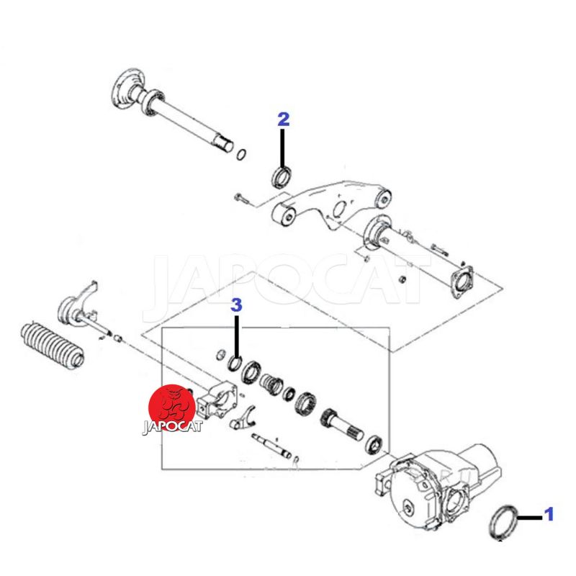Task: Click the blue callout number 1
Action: click(x=549, y=514)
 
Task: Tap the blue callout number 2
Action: click(x=284, y=120)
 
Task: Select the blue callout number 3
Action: click(x=237, y=305)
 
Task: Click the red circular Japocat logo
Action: click(x=171, y=408)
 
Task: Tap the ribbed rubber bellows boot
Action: click(x=52, y=346)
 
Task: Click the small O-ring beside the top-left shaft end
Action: click(x=241, y=154)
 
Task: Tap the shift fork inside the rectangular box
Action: click(x=243, y=419)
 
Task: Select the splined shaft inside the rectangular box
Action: click(x=341, y=425)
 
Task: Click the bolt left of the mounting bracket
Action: click(x=243, y=199)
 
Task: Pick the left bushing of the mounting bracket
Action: click(x=284, y=214)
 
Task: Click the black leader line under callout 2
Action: click(x=282, y=148)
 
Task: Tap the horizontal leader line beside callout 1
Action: click(x=530, y=518)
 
